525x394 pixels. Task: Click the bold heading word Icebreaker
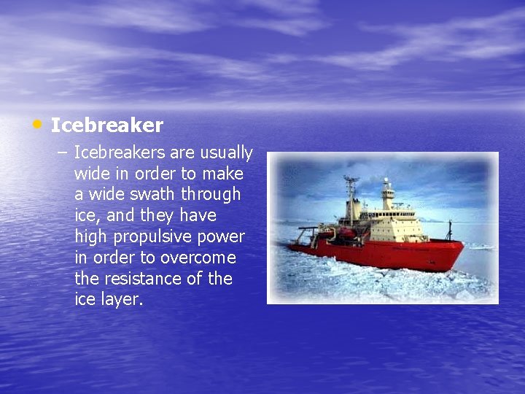pos(107,125)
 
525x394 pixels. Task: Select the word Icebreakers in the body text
pos(120,152)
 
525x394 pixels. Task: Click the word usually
pos(225,152)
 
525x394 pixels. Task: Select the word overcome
pos(198,258)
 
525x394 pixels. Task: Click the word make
pos(223,174)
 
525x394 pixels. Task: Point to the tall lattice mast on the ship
pos(351,193)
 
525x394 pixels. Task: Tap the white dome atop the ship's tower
pos(386,182)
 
